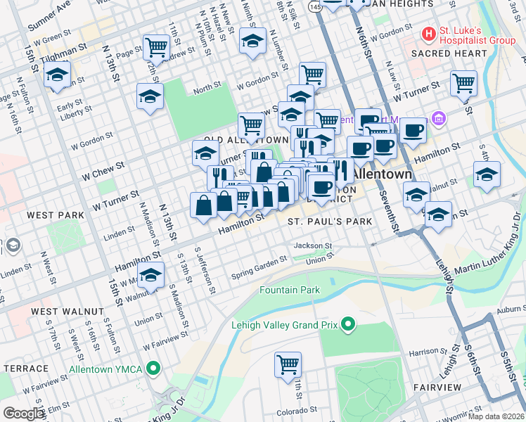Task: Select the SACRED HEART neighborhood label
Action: point(449,53)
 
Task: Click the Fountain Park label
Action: point(290,290)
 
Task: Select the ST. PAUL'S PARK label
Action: point(329,222)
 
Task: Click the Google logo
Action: point(23,414)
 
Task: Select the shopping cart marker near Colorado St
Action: point(288,364)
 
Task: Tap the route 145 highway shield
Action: point(314,6)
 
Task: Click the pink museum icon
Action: point(440,117)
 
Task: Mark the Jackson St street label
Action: point(312,245)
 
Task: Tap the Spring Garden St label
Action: point(259,267)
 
